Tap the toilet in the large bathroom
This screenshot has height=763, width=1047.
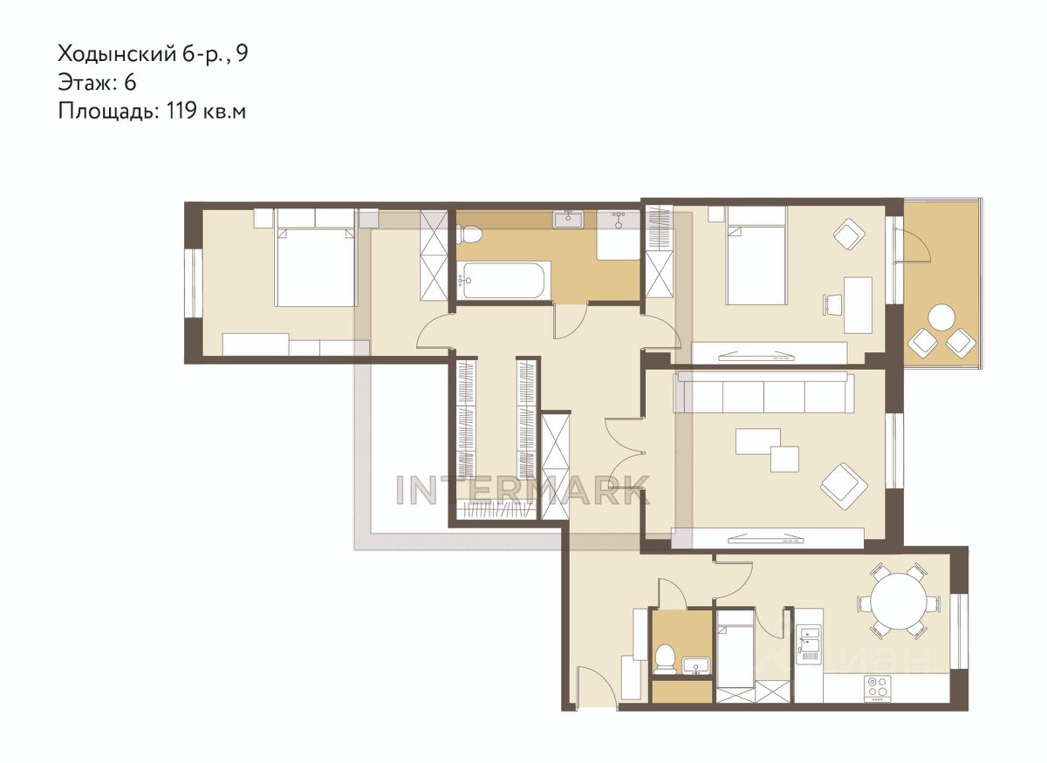(469, 234)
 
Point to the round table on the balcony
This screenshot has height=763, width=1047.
(941, 317)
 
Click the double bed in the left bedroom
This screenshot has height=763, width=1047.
(316, 267)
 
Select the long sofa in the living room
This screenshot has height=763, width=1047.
(763, 392)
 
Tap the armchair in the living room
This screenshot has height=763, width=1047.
(845, 487)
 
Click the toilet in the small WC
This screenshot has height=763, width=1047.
(664, 659)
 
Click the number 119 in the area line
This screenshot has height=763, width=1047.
(180, 112)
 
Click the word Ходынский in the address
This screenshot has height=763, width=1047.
(116, 54)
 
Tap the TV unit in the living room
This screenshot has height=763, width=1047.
(767, 537)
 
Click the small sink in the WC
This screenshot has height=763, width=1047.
(696, 665)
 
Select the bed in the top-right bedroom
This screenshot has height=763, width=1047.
(756, 256)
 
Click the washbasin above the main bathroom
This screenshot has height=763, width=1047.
(568, 219)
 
